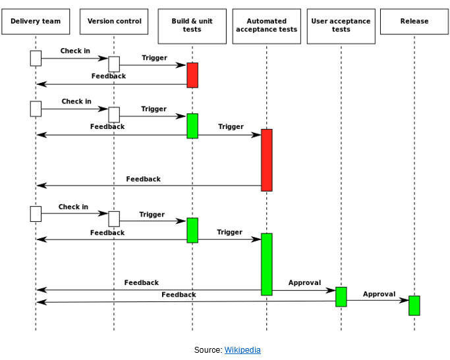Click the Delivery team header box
click(x=36, y=22)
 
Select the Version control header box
click(x=114, y=22)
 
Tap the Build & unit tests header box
click(x=192, y=26)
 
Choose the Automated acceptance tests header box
click(x=267, y=26)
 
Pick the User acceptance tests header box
click(x=341, y=26)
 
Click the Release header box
click(x=414, y=22)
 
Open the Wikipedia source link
click(x=242, y=350)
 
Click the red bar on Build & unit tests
click(x=192, y=75)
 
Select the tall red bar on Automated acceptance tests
click(x=267, y=160)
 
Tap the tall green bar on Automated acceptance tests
click(x=267, y=264)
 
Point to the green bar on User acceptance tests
click(x=341, y=297)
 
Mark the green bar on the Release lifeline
click(x=414, y=305)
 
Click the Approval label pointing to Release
click(x=379, y=294)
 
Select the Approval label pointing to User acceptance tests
click(x=304, y=283)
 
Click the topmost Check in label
click(x=75, y=51)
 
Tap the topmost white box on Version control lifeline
click(x=114, y=64)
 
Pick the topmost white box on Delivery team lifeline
click(x=36, y=59)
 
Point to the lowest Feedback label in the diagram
click(x=179, y=295)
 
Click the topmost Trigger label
click(x=154, y=58)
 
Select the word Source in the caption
click(x=208, y=350)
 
